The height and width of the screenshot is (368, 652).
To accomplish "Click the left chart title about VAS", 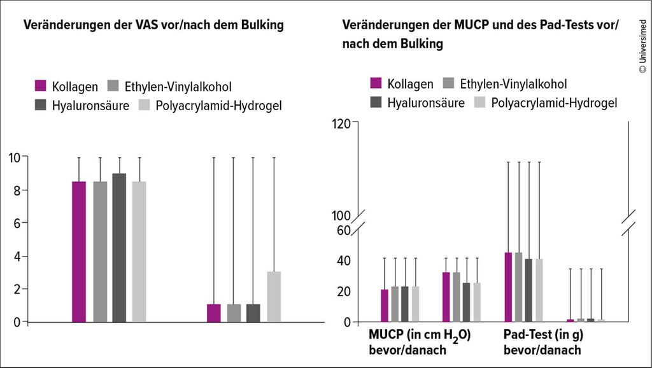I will [153, 25].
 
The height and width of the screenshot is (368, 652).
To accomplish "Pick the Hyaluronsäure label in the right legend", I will [426, 103].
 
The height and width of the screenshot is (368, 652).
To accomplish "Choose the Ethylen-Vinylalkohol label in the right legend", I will [513, 83].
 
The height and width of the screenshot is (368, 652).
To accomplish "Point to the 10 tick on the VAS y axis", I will [13, 157].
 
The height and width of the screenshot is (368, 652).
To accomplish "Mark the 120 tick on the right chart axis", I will [342, 124].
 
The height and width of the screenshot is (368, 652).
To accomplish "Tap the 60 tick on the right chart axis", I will [344, 230].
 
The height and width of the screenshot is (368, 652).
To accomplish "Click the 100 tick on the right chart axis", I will [342, 215].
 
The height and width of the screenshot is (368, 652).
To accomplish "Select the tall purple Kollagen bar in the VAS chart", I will [79, 251].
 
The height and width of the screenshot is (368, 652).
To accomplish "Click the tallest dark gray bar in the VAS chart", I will [119, 248].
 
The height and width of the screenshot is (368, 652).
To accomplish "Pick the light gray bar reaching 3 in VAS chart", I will [274, 297].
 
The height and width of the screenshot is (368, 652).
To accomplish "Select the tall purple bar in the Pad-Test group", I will [508, 287].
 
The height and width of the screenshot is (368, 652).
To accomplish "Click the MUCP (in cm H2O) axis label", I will [420, 336].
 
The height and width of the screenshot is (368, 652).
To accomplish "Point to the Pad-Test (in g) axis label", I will [543, 335].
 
